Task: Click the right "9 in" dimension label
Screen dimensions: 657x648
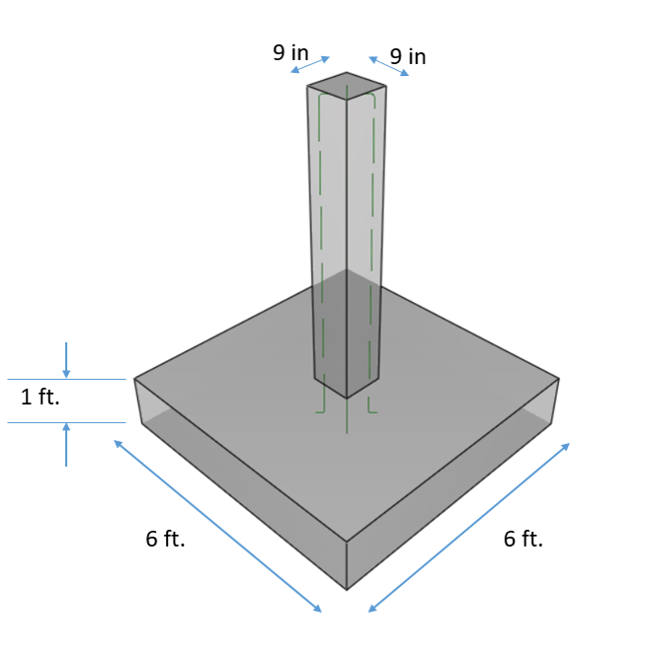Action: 408,57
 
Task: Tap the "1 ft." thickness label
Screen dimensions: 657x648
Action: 40,399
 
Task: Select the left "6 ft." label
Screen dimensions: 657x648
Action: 165,539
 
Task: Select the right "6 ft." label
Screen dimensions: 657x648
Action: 523,539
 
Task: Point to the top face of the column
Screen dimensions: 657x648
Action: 346,85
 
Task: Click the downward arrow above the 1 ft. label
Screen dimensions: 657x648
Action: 66,359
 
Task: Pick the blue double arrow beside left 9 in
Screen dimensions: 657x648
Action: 310,64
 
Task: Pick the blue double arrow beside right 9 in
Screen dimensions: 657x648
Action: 388,65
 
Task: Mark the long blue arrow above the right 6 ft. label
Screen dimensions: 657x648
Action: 469,528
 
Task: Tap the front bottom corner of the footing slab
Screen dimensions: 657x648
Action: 347,589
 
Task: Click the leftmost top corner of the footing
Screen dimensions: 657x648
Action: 135,379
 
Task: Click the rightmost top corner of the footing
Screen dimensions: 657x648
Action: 559,379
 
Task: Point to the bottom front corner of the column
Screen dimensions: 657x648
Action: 347,398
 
